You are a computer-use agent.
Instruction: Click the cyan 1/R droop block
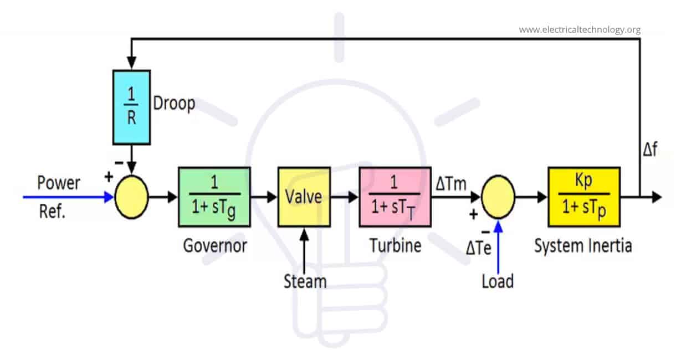pyautogui.click(x=131, y=107)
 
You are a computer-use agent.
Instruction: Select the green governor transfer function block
pyautogui.click(x=214, y=197)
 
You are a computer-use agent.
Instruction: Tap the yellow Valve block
pyautogui.click(x=304, y=197)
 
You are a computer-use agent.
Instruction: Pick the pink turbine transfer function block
pyautogui.click(x=395, y=197)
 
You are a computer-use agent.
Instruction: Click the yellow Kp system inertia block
pyautogui.click(x=583, y=197)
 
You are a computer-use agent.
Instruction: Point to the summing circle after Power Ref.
pyautogui.click(x=131, y=197)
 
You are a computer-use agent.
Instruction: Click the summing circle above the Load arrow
pyautogui.click(x=498, y=197)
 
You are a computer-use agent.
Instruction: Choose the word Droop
pyautogui.click(x=175, y=104)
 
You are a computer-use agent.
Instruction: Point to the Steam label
pyautogui.click(x=305, y=281)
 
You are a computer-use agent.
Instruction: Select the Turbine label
pyautogui.click(x=395, y=245)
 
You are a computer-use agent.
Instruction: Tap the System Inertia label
pyautogui.click(x=582, y=245)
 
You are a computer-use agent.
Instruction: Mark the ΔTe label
pyautogui.click(x=478, y=248)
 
